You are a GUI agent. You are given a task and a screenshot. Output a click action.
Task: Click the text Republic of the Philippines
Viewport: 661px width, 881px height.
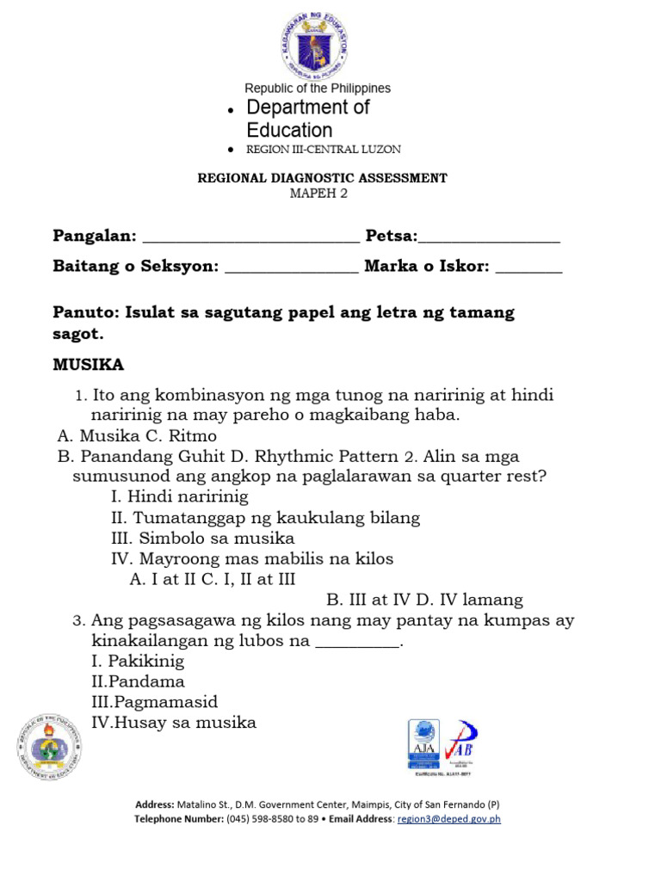318,88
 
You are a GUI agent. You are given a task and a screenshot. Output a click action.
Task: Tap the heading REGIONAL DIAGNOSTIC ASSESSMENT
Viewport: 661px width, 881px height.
323,178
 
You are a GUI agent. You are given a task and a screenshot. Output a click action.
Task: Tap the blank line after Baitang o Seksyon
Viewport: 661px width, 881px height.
292,268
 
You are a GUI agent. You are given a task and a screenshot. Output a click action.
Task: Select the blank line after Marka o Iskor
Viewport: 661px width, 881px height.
529,268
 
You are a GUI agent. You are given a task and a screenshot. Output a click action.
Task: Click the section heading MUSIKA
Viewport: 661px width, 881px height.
89,365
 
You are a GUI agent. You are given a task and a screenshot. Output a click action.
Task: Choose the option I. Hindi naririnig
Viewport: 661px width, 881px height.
180,496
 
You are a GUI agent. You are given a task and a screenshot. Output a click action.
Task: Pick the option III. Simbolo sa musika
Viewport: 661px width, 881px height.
203,539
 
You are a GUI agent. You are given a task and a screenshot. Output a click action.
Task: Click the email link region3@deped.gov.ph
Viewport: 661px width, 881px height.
448,819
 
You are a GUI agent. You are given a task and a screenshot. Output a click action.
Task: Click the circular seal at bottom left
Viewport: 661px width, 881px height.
49,746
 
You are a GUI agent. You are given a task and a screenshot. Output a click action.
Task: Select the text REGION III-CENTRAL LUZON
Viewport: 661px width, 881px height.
324,150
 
